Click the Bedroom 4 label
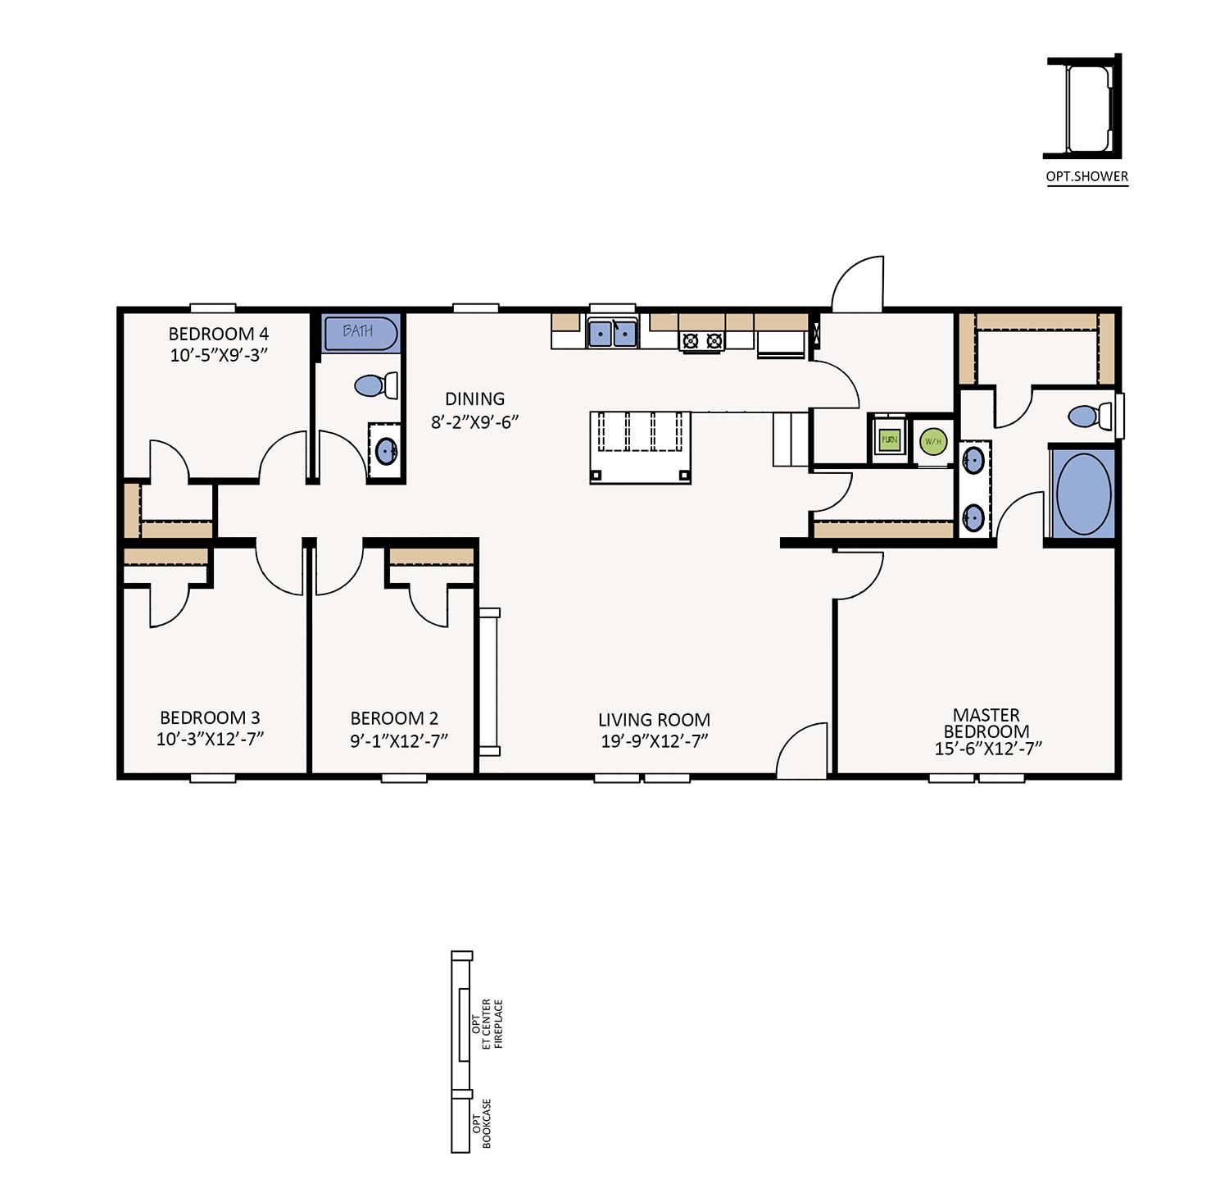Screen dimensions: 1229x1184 (x=219, y=334)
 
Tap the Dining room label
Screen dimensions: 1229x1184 (x=474, y=399)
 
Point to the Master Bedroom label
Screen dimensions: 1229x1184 (x=986, y=723)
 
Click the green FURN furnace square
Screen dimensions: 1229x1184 (x=889, y=439)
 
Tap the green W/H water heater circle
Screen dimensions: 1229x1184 (x=933, y=442)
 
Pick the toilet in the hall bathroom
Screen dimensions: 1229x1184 (x=376, y=385)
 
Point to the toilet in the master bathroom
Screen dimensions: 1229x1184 (x=1091, y=416)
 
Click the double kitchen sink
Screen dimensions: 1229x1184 (x=612, y=334)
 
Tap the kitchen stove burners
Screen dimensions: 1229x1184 (x=702, y=341)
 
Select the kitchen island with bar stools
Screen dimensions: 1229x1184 (x=641, y=447)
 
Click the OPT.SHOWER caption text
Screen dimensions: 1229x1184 (x=1087, y=176)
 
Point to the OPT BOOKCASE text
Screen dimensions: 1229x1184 (x=481, y=1124)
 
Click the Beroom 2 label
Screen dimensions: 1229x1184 (x=394, y=719)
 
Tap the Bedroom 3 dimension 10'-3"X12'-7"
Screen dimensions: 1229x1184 (x=211, y=739)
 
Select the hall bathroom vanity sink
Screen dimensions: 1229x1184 (x=387, y=450)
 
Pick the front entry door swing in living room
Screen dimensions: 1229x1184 (x=801, y=749)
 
